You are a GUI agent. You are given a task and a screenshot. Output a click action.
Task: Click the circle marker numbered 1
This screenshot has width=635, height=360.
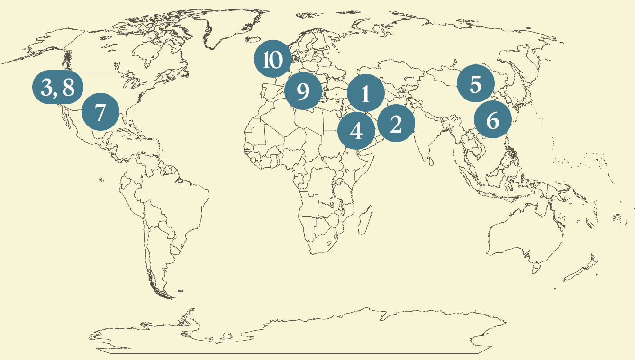coord(365,94)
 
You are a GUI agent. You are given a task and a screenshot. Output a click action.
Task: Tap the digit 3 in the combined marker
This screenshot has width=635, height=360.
coord(47,88)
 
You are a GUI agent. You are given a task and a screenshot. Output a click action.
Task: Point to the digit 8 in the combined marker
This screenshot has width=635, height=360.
coord(68,88)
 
